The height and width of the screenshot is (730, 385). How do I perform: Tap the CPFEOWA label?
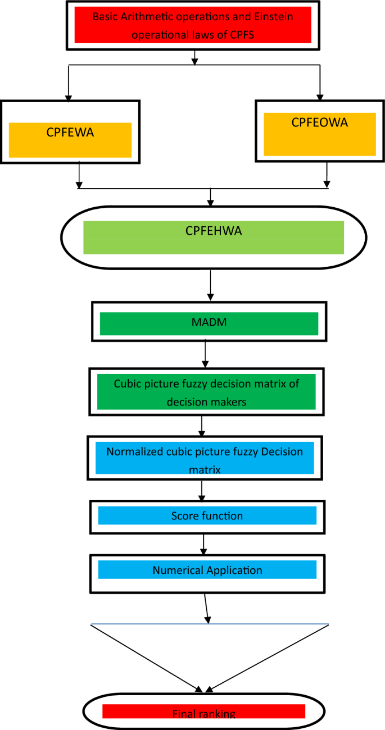click(x=319, y=122)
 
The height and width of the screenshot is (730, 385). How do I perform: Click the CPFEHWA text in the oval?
click(x=214, y=231)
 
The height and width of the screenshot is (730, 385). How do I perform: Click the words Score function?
click(x=207, y=515)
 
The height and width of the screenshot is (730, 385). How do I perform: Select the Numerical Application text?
click(x=207, y=570)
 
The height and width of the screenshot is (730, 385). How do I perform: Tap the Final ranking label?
click(x=203, y=714)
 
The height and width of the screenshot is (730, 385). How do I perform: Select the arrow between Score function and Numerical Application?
click(x=203, y=544)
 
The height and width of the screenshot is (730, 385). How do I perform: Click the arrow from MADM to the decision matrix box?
click(x=206, y=354)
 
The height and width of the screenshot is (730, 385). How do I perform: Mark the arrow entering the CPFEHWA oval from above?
click(x=210, y=197)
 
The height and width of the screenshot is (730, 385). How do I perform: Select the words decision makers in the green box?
click(x=207, y=402)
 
